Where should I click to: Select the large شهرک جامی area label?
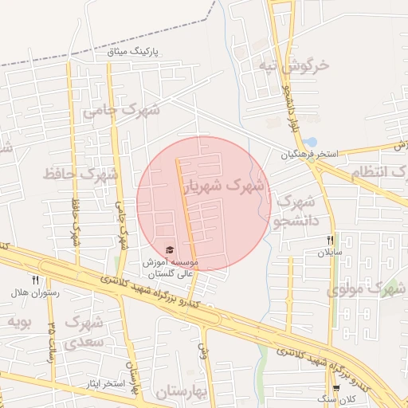pos(121,110)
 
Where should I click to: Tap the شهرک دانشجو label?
pos(294,212)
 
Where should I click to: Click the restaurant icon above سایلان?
pos(330,240)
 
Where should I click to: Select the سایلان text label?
pos(330,252)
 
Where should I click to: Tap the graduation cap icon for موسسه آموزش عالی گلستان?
pos(169,251)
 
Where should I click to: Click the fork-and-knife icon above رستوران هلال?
pos(35,280)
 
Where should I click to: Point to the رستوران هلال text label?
pos(29,292)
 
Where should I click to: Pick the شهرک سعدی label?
pos(86,333)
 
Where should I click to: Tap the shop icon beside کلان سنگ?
pos(336,387)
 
